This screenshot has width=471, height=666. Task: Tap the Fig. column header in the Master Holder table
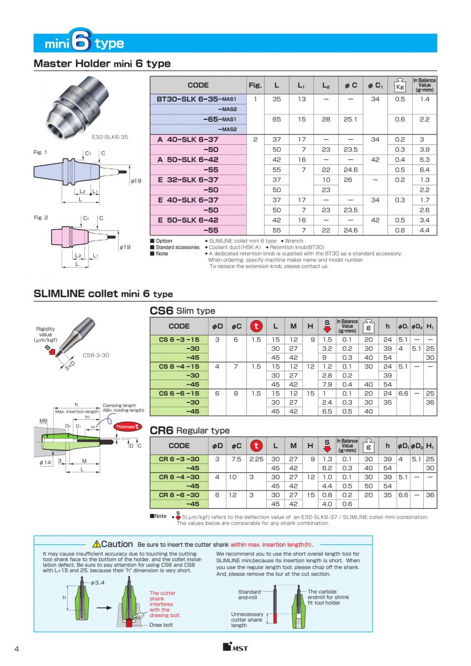[x=255, y=85]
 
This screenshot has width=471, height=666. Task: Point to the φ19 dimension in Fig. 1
[x=136, y=180]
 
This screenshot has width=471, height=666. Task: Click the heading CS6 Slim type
[x=183, y=311]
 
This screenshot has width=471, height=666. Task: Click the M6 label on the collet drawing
[x=44, y=421]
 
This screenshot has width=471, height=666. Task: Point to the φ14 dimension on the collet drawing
[x=45, y=462]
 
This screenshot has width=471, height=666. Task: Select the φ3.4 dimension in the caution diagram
[x=98, y=582]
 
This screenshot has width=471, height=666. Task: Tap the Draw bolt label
[x=161, y=624]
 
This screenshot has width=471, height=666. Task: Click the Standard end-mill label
[x=249, y=594]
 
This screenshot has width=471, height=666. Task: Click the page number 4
[x=17, y=649]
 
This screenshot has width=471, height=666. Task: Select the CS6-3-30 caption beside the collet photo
[x=95, y=355]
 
